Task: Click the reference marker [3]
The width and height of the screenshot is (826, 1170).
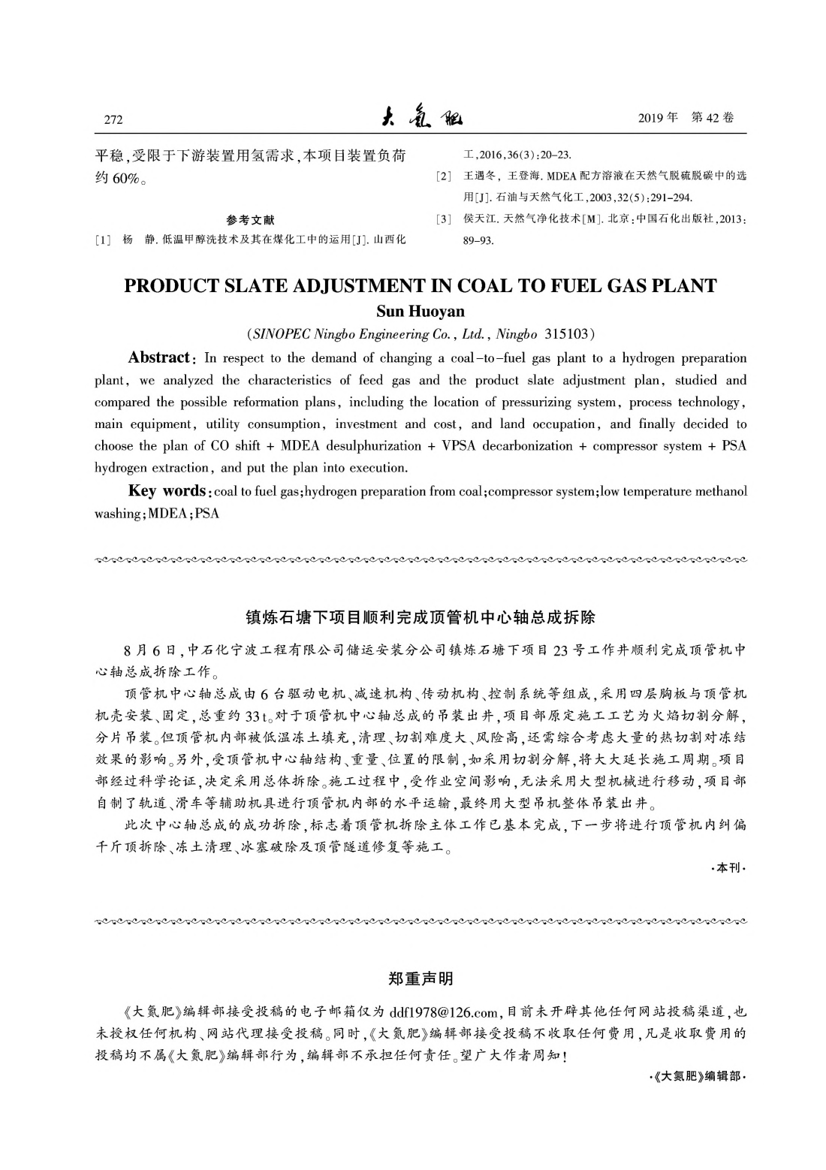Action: tap(444, 219)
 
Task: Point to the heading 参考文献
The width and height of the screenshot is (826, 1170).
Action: tap(250, 220)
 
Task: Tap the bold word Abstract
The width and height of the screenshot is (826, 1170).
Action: tap(159, 357)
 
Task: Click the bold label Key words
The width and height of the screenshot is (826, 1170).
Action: tap(167, 491)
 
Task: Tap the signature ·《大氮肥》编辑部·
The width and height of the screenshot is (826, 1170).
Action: tap(697, 1076)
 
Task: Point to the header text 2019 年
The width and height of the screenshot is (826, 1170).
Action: tap(658, 118)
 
